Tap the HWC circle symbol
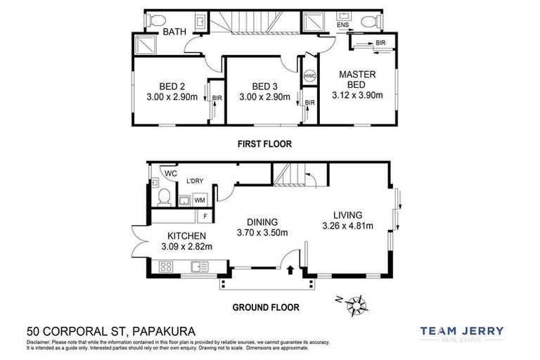coord(309,76)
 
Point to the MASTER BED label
coord(357,79)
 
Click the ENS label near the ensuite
coord(342,25)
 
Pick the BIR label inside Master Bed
coord(380,43)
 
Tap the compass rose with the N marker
coord(359,305)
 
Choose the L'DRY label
coord(194,181)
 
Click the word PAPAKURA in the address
coord(158,330)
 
